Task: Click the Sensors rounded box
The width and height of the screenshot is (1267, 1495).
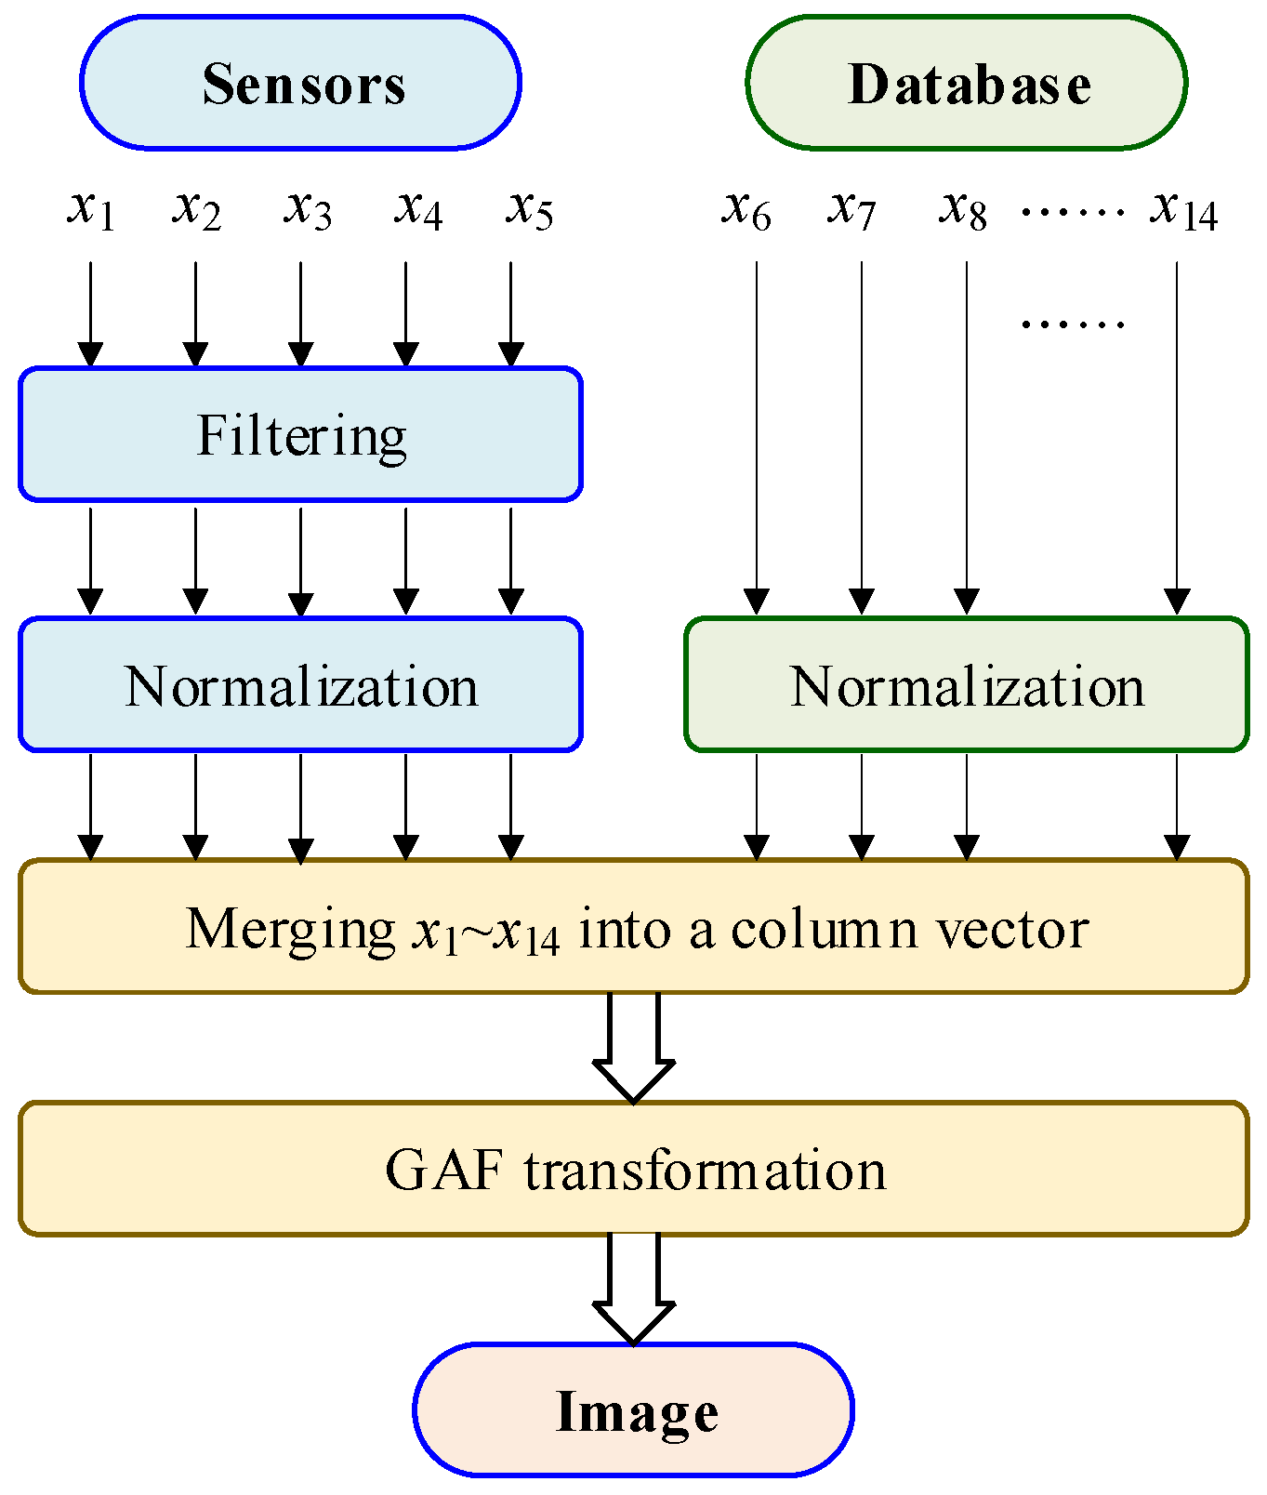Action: pos(300,83)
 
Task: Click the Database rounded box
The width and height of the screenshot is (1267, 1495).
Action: pos(966,83)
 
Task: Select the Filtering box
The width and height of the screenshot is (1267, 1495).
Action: pos(300,434)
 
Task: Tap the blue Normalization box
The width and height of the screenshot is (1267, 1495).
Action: pos(300,684)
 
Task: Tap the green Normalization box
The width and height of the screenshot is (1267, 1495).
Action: pos(966,684)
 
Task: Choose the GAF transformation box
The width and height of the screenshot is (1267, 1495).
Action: pos(633,1169)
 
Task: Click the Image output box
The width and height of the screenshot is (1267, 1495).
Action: pos(633,1409)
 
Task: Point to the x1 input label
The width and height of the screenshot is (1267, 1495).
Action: pos(91,209)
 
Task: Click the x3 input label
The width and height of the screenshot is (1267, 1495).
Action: pos(307,209)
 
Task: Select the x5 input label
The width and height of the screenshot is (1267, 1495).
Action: pos(529,209)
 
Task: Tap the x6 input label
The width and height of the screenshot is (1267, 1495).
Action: pos(746,209)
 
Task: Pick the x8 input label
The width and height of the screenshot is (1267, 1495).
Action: pos(962,209)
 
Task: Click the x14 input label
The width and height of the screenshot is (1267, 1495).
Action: pos(1182,209)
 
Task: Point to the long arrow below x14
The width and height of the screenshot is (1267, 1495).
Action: pos(1177,437)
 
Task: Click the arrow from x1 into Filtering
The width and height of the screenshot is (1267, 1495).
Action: pos(90,314)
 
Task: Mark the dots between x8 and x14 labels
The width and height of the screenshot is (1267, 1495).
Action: pos(1073,212)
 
